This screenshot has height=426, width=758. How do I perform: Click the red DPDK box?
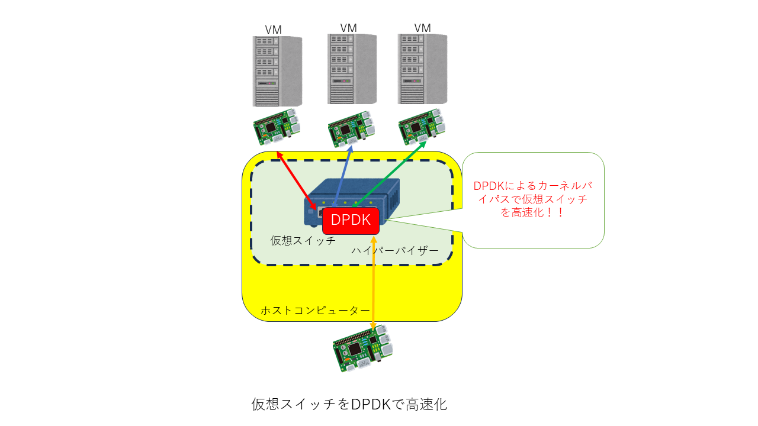tap(351, 221)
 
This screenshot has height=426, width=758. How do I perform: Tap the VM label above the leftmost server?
tap(273, 30)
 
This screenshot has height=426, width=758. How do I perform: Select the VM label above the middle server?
tap(348, 28)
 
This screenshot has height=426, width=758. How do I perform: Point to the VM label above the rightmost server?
tap(422, 28)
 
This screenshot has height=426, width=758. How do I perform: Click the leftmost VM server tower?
tap(278, 72)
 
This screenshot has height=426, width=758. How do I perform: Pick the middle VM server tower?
tap(352, 69)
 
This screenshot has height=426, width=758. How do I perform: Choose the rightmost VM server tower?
tap(422, 69)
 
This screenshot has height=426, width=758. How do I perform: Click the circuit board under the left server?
tap(277, 127)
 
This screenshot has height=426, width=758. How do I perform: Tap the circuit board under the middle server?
tap(351, 130)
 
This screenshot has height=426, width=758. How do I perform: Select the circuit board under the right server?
tap(422, 127)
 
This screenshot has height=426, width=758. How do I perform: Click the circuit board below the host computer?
tap(363, 348)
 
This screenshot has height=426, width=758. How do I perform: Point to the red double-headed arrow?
tap(297, 181)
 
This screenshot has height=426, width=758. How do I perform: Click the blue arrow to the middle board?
tap(343, 176)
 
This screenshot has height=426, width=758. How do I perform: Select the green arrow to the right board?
tap(389, 174)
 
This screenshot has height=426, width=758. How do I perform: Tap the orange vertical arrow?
tap(374, 283)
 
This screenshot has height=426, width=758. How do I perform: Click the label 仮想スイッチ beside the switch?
tap(303, 241)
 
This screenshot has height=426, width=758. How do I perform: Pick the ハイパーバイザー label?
tap(395, 250)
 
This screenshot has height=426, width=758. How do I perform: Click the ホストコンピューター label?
tap(315, 311)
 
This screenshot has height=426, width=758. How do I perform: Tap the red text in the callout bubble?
tap(533, 199)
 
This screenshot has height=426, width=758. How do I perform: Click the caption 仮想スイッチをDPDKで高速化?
tap(349, 404)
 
